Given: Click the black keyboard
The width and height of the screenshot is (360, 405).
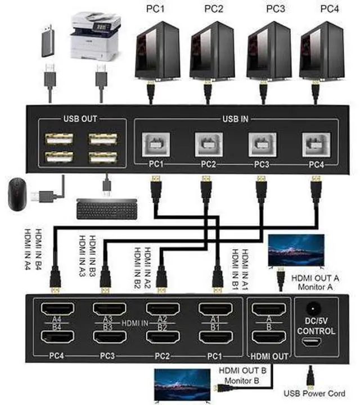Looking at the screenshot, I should (107, 209).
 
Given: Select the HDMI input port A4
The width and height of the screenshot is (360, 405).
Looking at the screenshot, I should (55, 309).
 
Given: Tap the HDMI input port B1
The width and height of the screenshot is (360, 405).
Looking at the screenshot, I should (216, 337).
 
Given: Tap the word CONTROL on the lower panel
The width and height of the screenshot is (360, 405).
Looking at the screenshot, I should (315, 331).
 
